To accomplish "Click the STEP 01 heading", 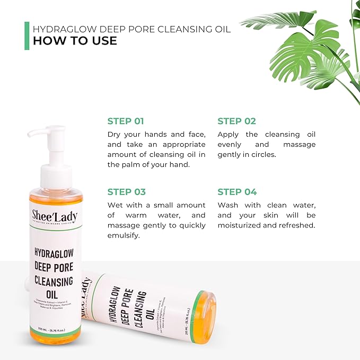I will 126,121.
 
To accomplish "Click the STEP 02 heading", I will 236,121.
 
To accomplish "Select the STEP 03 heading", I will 126,191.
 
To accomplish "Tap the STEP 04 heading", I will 237,191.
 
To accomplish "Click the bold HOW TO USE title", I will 75,41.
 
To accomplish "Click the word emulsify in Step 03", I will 123,235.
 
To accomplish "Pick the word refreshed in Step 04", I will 297,225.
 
